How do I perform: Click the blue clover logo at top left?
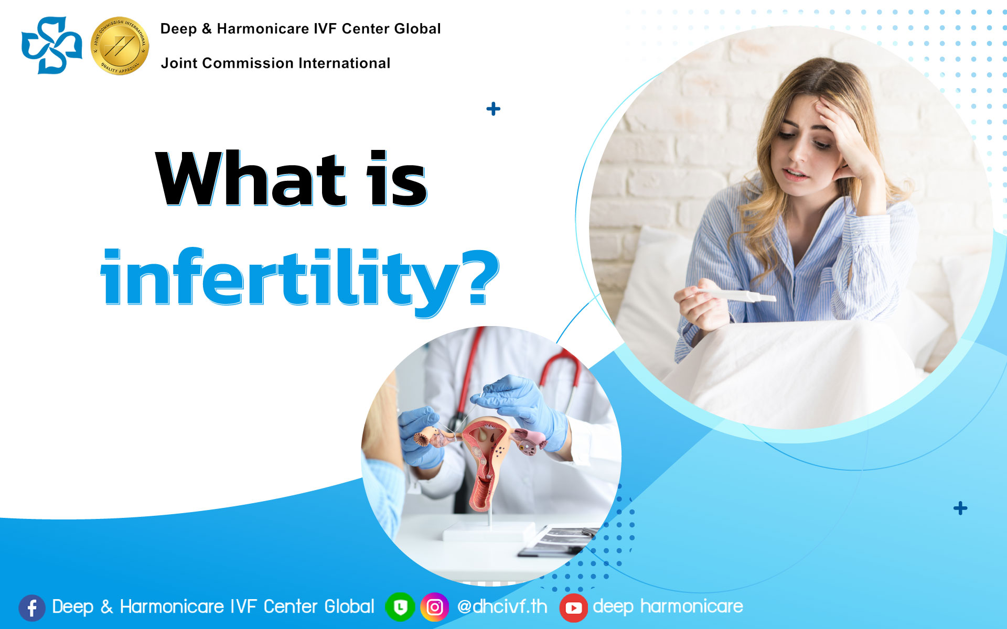pyautogui.click(x=51, y=45)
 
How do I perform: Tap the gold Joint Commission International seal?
pyautogui.click(x=120, y=46)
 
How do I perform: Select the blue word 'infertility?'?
pyautogui.click(x=299, y=278)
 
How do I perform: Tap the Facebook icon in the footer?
pyautogui.click(x=32, y=608)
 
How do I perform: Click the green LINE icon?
pyautogui.click(x=400, y=607)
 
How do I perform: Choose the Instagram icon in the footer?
pyautogui.click(x=434, y=607)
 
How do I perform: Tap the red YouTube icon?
pyautogui.click(x=573, y=608)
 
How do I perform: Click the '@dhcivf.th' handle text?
pyautogui.click(x=502, y=606)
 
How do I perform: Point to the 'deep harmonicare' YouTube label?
pyautogui.click(x=668, y=606)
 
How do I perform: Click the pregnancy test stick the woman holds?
pyautogui.click(x=734, y=295)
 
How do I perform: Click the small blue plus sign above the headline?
pyautogui.click(x=493, y=109)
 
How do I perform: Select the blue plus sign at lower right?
pyautogui.click(x=960, y=508)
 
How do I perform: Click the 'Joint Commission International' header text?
pyautogui.click(x=275, y=63)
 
